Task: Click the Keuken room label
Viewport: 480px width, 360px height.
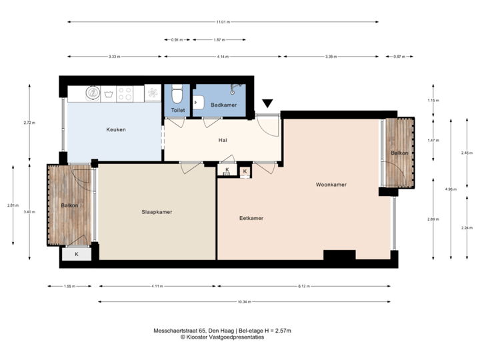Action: pos(116,129)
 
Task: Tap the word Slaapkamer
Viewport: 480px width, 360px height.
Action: pos(157,212)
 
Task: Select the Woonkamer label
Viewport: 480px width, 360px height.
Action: pos(331,185)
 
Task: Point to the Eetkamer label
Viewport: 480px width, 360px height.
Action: pos(251,218)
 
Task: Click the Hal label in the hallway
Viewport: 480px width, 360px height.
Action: pos(223,141)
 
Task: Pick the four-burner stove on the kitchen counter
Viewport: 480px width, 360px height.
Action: pos(125,93)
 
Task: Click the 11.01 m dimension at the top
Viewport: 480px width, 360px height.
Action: pos(223,22)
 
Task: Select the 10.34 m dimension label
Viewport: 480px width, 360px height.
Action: pos(244,302)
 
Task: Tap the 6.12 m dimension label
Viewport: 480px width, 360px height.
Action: pos(304,286)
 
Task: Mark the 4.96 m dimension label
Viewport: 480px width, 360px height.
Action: pos(451,189)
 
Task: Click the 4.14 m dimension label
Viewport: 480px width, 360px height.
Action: pos(223,57)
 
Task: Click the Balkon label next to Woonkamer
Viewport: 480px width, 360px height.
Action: pos(399,153)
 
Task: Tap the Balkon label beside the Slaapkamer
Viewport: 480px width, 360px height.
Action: pos(70,205)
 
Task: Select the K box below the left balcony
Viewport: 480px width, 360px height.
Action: pos(77,254)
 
